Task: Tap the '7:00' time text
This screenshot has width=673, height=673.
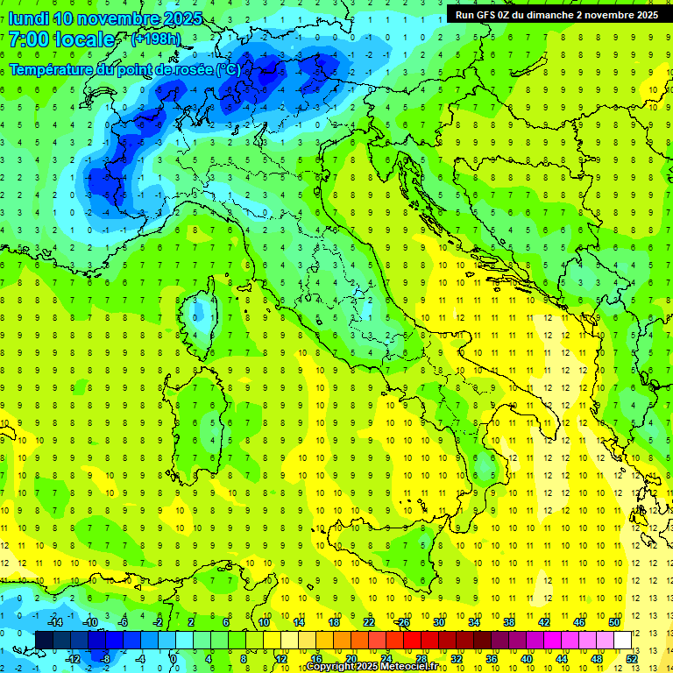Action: coord(29,39)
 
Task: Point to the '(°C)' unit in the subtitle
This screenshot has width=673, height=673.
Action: coord(228,69)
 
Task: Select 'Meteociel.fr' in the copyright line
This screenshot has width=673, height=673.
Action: coord(415,667)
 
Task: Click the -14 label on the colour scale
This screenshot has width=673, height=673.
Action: coord(54,622)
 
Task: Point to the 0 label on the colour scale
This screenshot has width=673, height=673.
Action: coord(174,658)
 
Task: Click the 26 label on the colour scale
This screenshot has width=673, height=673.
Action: coord(404,622)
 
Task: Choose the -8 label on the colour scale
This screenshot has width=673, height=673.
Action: coord(105,658)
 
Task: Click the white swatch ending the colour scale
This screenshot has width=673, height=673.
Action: coord(622,640)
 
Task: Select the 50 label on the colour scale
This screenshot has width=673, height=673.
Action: coord(614,622)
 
